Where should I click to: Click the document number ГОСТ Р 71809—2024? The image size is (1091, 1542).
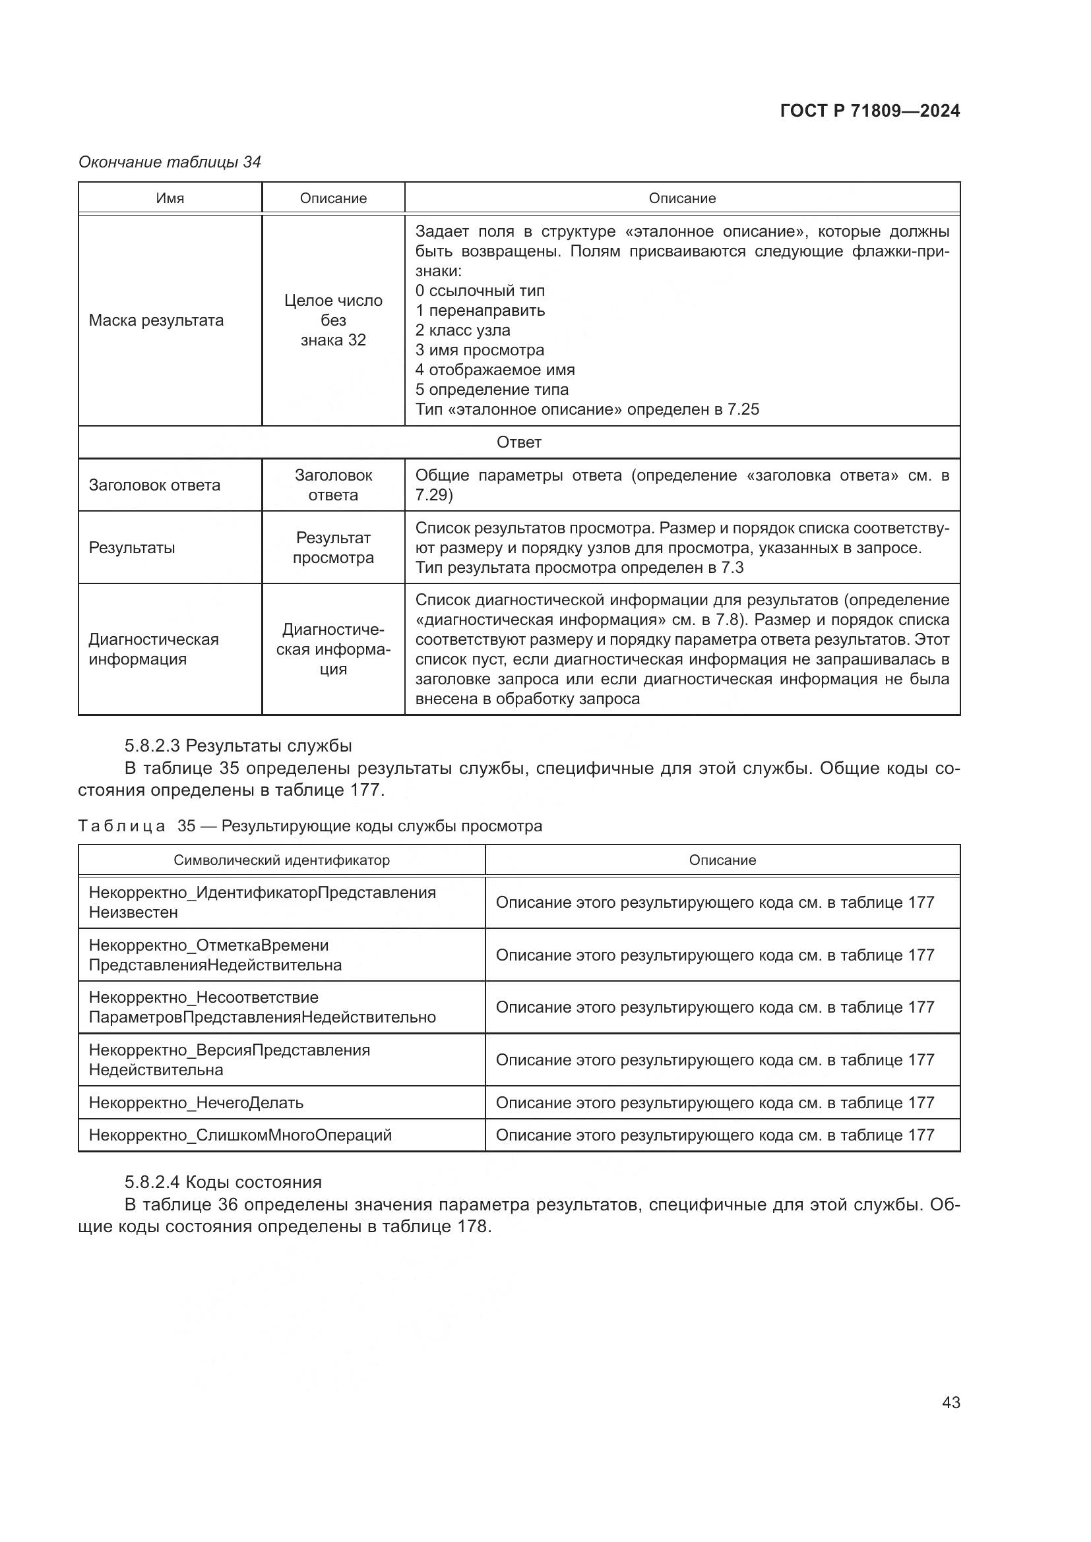[x=870, y=111]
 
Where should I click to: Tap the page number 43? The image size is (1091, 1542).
[x=951, y=1402]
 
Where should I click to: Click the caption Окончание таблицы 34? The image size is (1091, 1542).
[x=170, y=162]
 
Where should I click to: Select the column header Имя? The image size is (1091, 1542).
[x=170, y=198]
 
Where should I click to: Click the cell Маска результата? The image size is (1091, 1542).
[x=156, y=320]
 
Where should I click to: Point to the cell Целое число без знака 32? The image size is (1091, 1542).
[x=333, y=320]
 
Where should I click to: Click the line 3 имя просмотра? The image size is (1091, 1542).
[x=479, y=350]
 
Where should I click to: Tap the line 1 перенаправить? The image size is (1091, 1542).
[x=480, y=311]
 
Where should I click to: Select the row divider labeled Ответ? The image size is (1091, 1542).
[x=518, y=442]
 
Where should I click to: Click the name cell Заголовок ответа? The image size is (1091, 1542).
[x=154, y=485]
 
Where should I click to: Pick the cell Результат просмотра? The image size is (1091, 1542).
[x=333, y=547]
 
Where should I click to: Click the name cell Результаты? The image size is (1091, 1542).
[x=132, y=547]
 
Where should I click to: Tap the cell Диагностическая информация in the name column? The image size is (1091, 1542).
[x=154, y=649]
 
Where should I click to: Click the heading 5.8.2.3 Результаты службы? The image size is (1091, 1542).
[x=238, y=746]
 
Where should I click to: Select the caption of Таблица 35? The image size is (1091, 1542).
[x=310, y=826]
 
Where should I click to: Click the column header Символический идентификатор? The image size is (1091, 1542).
[x=282, y=860]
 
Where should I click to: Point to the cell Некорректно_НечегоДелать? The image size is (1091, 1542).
[x=196, y=1103]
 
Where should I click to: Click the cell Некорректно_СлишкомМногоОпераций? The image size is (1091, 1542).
[x=240, y=1136]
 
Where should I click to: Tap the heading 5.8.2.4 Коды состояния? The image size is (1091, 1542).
[x=223, y=1182]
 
